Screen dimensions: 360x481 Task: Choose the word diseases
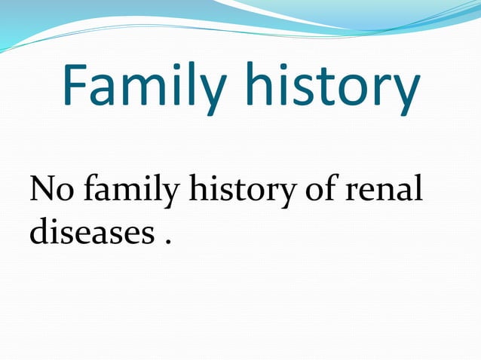(x=85, y=234)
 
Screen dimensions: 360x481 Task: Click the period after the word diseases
(x=166, y=243)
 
